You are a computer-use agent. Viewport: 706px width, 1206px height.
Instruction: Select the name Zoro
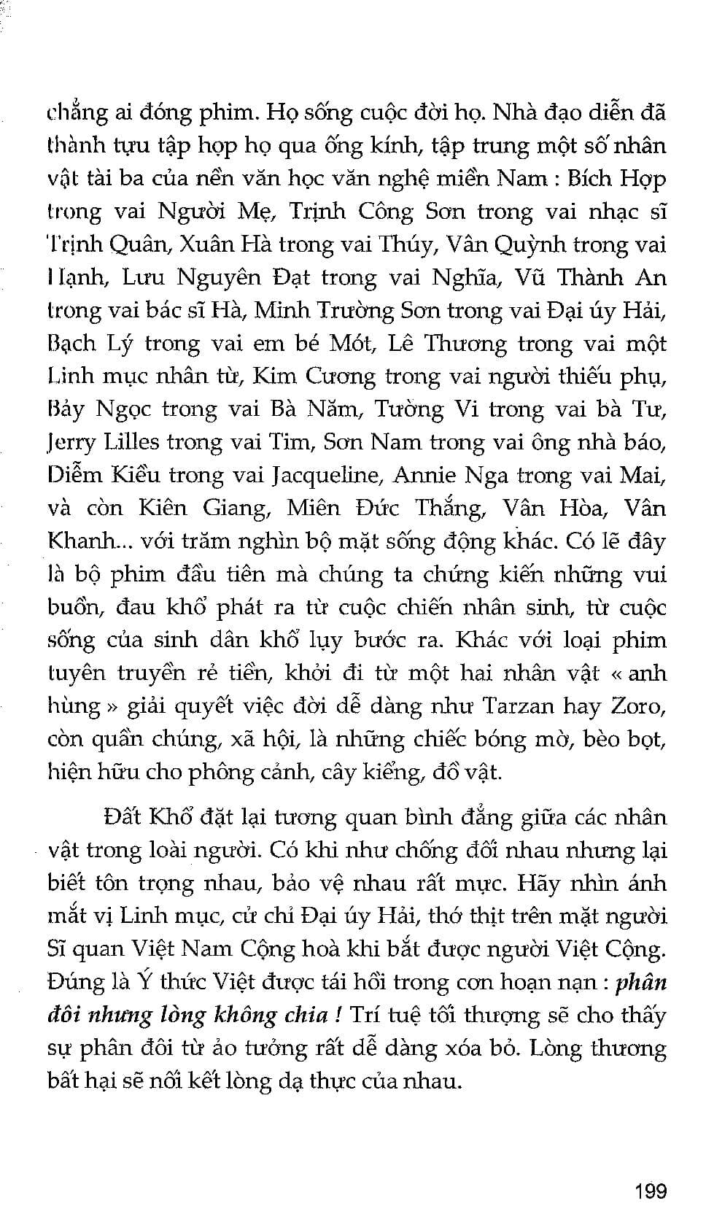click(x=640, y=706)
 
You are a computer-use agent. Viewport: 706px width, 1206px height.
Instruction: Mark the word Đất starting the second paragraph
click(x=122, y=817)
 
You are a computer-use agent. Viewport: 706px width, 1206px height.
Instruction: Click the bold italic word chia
click(x=306, y=1015)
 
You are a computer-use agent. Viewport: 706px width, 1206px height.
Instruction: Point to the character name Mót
click(x=351, y=344)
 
